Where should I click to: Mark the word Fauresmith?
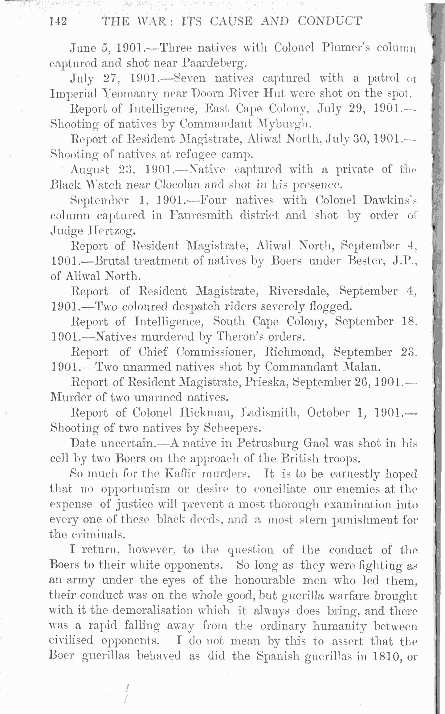201,215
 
